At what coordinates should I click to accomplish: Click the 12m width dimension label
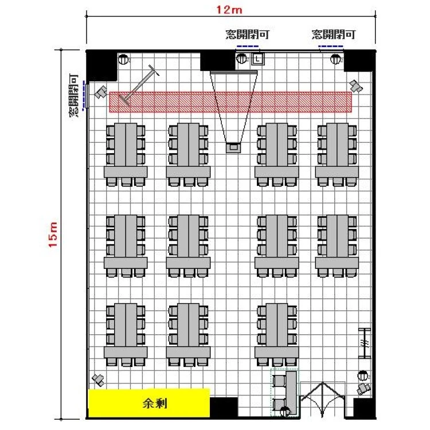click(x=229, y=10)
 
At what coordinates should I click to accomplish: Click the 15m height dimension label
click(x=53, y=234)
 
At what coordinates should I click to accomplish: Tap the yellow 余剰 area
click(x=149, y=403)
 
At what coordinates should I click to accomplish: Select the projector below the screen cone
click(x=233, y=147)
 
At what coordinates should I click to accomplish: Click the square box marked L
click(x=257, y=58)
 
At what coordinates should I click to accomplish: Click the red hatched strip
click(x=230, y=102)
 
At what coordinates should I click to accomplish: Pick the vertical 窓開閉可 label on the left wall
click(x=73, y=95)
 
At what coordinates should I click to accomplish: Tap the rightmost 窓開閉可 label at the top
click(x=334, y=34)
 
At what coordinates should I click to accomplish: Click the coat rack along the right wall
click(x=365, y=343)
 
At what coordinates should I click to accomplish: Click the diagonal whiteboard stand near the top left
click(x=139, y=85)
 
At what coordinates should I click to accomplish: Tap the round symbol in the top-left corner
click(x=123, y=59)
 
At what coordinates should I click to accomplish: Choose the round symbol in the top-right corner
click(x=335, y=59)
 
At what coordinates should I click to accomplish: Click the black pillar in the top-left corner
click(x=101, y=66)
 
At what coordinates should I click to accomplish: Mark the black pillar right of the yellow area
click(x=224, y=408)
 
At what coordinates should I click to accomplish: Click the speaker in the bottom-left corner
click(x=98, y=380)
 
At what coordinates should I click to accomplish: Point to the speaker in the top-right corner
click(x=355, y=86)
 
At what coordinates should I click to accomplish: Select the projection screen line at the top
click(x=234, y=71)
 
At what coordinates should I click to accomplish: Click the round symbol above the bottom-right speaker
click(x=363, y=376)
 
